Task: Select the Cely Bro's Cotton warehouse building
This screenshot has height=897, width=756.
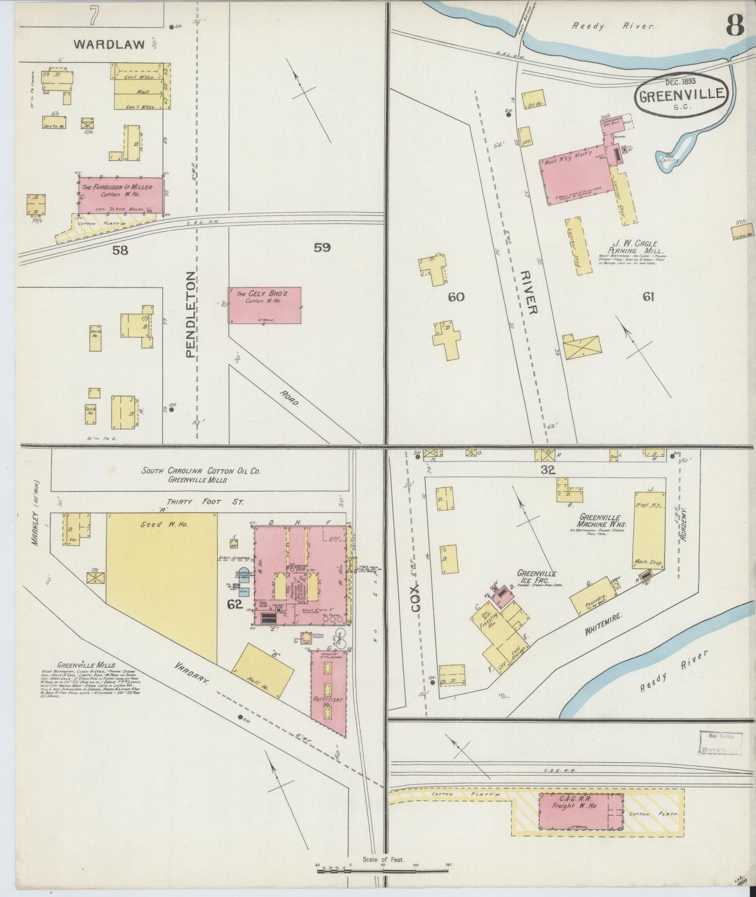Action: (264, 305)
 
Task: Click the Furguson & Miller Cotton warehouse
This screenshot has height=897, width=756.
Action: (121, 195)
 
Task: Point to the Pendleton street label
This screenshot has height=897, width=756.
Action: (190, 314)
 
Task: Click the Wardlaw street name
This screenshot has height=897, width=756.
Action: (109, 44)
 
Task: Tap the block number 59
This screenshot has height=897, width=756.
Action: (322, 248)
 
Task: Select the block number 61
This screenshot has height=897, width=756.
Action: (648, 297)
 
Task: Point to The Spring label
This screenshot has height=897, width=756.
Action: (669, 158)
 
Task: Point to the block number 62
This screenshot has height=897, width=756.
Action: (235, 605)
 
